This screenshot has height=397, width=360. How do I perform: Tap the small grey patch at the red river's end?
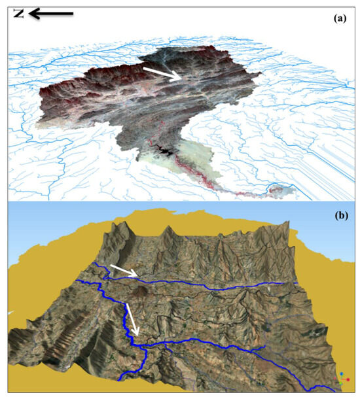[x=279, y=190]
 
